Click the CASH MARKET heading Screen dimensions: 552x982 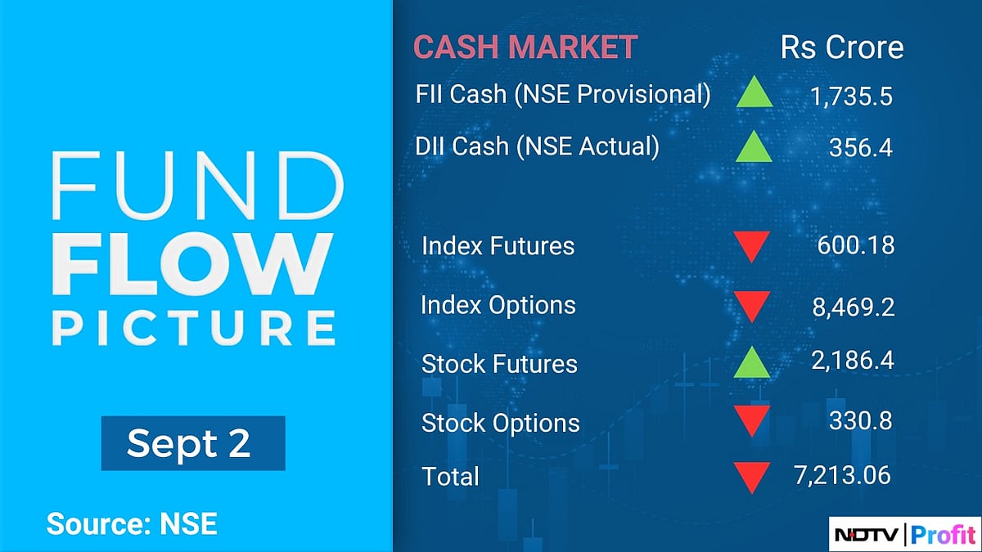point(525,47)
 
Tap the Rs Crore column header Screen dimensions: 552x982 point(842,47)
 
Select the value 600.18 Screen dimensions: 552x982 point(855,245)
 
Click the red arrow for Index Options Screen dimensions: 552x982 point(751,307)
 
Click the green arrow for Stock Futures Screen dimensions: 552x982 point(753,363)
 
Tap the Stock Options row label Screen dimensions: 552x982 point(500,424)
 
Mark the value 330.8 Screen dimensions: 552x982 point(861,421)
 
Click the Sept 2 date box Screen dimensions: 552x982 point(193,443)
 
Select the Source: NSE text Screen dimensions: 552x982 point(132,523)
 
